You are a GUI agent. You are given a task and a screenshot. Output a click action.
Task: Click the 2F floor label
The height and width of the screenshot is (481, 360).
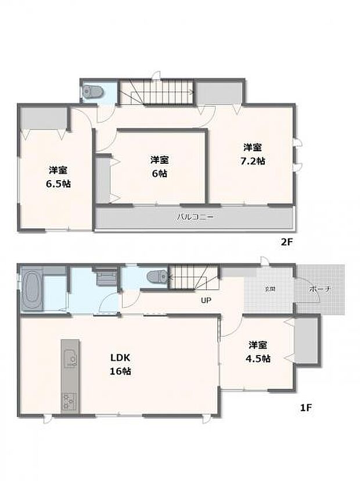[x=287, y=243]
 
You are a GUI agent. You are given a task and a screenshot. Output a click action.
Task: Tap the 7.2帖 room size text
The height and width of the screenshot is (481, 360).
[x=254, y=161]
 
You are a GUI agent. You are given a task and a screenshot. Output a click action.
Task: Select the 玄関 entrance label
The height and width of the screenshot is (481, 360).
[x=271, y=289]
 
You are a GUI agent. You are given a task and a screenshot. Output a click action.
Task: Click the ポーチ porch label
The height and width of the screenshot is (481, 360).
[x=319, y=289]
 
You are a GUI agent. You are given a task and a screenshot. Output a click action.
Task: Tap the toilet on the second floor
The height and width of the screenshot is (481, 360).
[x=93, y=91]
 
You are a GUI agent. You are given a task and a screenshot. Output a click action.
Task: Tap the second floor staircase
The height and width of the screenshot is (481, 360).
[x=156, y=92]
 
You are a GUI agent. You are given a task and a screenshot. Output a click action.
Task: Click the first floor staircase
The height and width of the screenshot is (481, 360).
[x=193, y=278]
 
